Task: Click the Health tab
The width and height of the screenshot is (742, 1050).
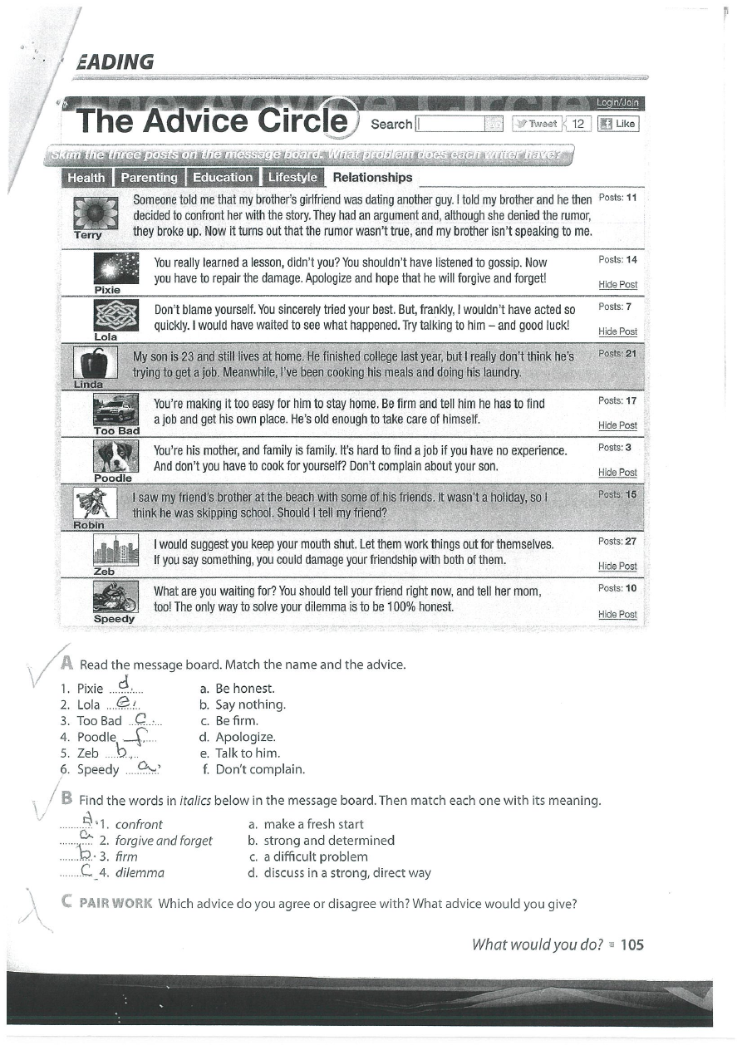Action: click(86, 177)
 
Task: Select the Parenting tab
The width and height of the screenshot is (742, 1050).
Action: click(149, 177)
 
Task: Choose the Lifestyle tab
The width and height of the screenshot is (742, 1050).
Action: click(292, 177)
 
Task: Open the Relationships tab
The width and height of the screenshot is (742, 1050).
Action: click(371, 177)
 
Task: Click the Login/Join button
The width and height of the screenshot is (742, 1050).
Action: click(617, 103)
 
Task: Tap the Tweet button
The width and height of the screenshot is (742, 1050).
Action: click(537, 124)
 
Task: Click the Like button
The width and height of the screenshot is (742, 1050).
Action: click(617, 124)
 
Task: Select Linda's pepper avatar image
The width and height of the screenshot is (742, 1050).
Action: click(89, 363)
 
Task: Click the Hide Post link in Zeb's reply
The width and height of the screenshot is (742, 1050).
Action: click(617, 566)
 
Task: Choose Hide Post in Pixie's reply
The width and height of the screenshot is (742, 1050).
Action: click(617, 284)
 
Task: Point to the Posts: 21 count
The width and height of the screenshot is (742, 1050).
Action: click(617, 353)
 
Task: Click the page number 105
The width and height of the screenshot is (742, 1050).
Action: click(631, 945)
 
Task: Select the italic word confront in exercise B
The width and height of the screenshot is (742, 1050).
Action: click(139, 825)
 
